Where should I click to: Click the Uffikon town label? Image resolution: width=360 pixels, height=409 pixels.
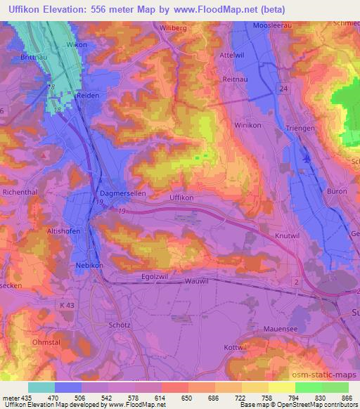(181, 198)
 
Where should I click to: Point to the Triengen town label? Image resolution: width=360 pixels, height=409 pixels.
(303, 127)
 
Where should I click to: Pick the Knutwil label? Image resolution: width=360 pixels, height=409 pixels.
(288, 237)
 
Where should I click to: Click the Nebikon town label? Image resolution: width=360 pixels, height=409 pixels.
(90, 266)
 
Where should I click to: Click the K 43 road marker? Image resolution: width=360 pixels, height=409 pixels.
(67, 304)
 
